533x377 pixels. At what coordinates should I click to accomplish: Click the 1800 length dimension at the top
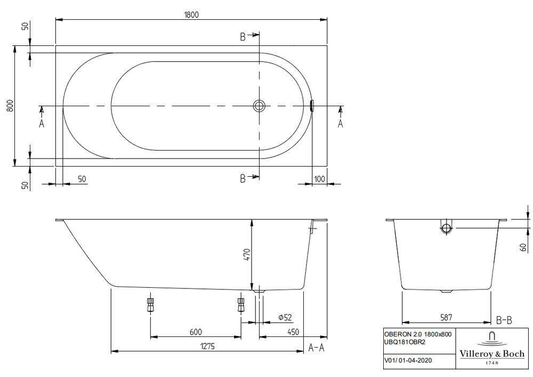pyautogui.click(x=191, y=14)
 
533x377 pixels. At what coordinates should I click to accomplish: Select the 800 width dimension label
pyautogui.click(x=10, y=106)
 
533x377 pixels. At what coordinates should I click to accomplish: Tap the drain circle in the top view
pyautogui.click(x=259, y=106)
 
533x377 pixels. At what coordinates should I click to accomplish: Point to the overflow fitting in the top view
pyautogui.click(x=312, y=106)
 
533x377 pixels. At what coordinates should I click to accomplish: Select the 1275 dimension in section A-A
pyautogui.click(x=207, y=347)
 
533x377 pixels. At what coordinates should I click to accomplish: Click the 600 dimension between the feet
pyautogui.click(x=196, y=332)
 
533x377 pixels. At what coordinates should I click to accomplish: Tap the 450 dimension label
pyautogui.click(x=293, y=332)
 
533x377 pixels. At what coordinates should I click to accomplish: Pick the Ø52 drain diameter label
pyautogui.click(x=285, y=317)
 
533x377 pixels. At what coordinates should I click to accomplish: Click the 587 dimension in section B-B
pyautogui.click(x=446, y=317)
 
